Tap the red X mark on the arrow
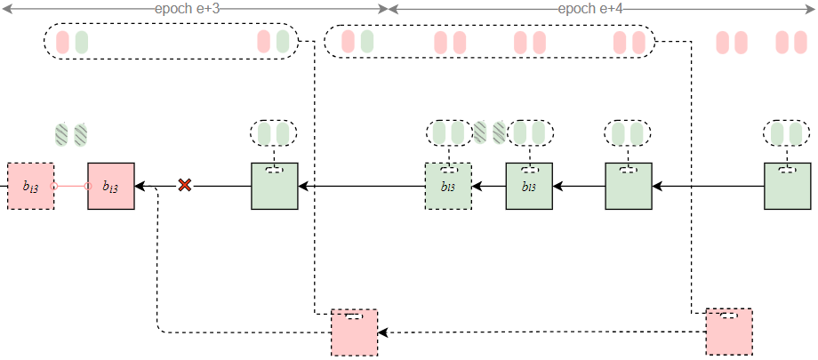[185, 185]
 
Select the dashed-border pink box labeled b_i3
[30, 186]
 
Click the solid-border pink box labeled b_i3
[111, 186]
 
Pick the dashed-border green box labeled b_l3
[448, 186]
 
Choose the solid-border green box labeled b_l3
[530, 186]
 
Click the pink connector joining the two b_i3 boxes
[70, 186]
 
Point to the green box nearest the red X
[275, 186]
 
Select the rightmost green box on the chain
[787, 186]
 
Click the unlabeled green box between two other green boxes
[628, 186]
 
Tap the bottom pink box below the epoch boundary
[354, 332]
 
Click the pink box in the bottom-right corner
[729, 332]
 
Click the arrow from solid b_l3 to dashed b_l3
[489, 186]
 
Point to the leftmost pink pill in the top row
[62, 41]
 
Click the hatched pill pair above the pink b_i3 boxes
[71, 134]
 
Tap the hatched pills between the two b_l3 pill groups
[489, 132]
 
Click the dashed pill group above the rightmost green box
[787, 133]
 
